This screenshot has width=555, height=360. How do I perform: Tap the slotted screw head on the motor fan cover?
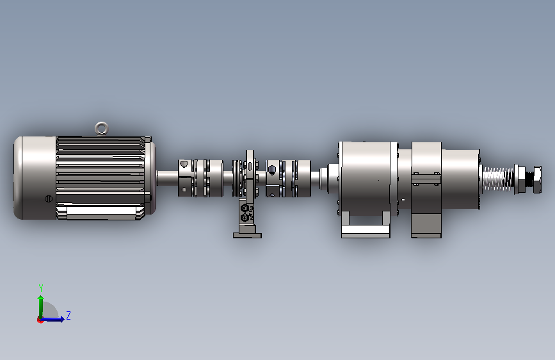(x=49, y=199)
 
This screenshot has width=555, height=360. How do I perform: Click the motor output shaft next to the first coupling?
(x=167, y=178)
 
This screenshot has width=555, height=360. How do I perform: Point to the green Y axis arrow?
(x=41, y=307)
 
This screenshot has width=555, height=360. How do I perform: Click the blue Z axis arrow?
(x=52, y=319)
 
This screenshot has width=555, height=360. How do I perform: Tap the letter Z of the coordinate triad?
(x=68, y=315)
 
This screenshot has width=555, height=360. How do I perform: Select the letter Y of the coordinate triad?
(x=41, y=288)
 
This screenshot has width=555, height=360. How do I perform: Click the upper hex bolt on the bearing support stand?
(x=245, y=208)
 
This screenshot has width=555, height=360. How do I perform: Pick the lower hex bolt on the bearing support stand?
(x=245, y=217)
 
